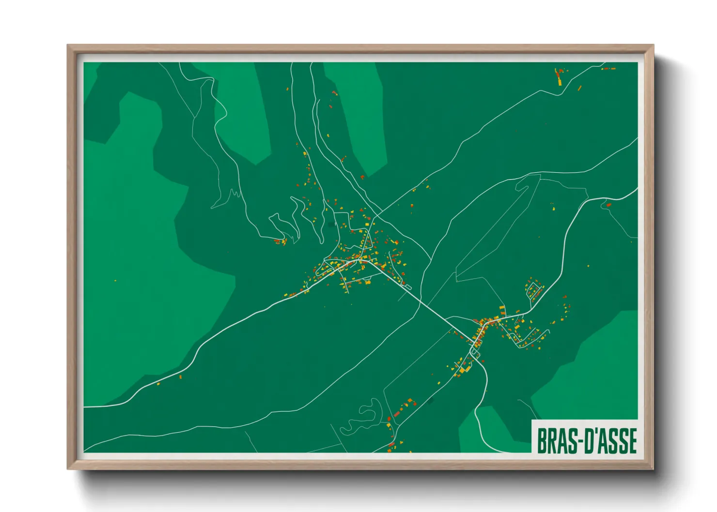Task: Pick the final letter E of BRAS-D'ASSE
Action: point(632,441)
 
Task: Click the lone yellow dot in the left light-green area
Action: point(115,280)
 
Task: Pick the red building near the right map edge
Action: point(608,205)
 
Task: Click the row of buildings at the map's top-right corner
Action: point(608,69)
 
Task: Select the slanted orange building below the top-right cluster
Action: point(579,88)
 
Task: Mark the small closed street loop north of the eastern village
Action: point(533,289)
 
